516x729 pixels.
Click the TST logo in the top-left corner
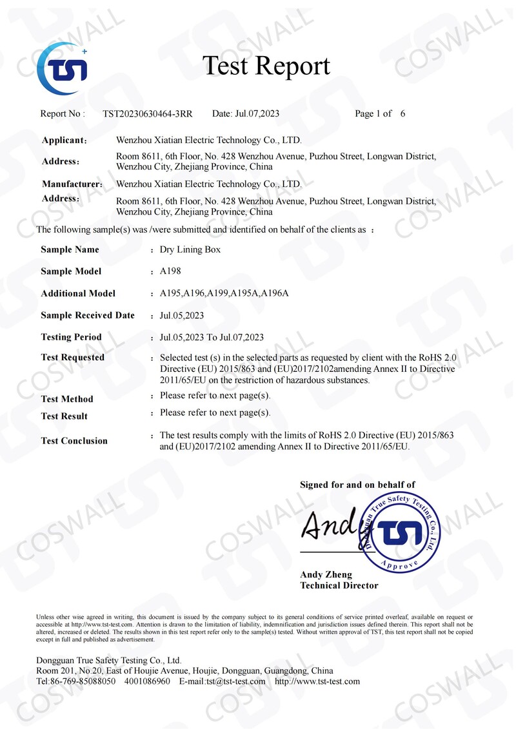click(62, 69)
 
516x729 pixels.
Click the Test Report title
click(266, 66)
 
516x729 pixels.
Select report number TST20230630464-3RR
click(148, 114)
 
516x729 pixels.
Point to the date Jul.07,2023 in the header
click(256, 114)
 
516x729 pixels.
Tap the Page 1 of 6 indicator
click(380, 114)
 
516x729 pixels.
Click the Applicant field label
click(64, 141)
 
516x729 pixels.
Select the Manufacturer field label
click(72, 184)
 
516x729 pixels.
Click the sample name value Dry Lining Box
click(190, 249)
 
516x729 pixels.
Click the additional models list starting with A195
click(224, 293)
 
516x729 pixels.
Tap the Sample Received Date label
click(88, 315)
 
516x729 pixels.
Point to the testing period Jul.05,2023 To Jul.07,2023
click(212, 337)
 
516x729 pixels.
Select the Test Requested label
click(72, 358)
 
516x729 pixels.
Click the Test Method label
click(67, 399)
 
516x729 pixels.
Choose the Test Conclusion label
click(74, 441)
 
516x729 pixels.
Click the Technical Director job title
click(339, 585)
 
